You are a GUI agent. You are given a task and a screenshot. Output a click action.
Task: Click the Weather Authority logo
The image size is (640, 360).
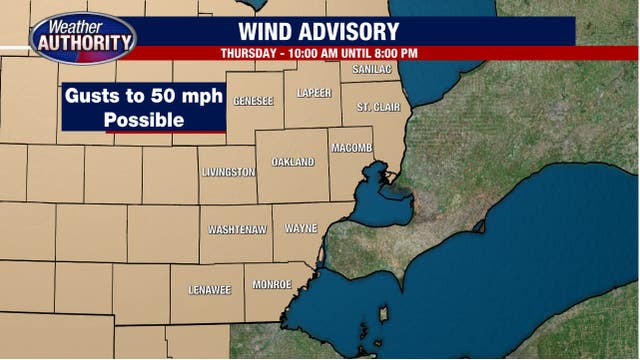(83, 37)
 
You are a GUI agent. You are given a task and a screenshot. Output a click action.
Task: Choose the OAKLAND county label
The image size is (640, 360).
(293, 162)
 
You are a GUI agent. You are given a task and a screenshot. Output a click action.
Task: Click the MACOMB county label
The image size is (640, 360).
(352, 148)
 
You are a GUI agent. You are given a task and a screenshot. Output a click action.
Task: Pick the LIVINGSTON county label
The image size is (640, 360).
(228, 173)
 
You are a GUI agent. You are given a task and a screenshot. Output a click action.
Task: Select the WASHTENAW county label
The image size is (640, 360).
(237, 230)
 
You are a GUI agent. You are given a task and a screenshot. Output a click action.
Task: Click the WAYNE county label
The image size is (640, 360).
(301, 229)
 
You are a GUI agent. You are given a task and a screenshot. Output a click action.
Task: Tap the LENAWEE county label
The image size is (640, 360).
(210, 290)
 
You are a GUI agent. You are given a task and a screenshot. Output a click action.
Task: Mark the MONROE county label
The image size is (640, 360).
(272, 285)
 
